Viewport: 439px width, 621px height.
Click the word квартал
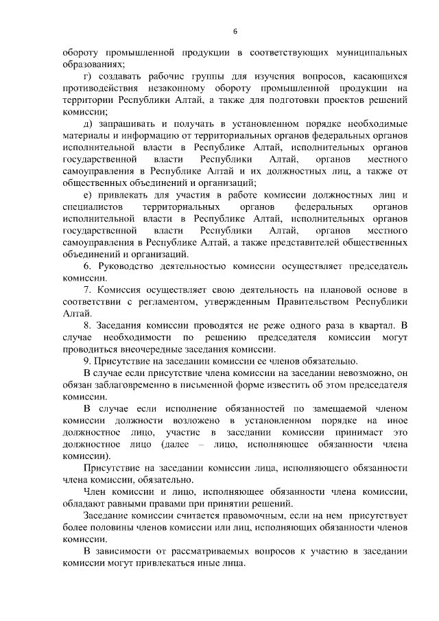pyautogui.click(x=374, y=327)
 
